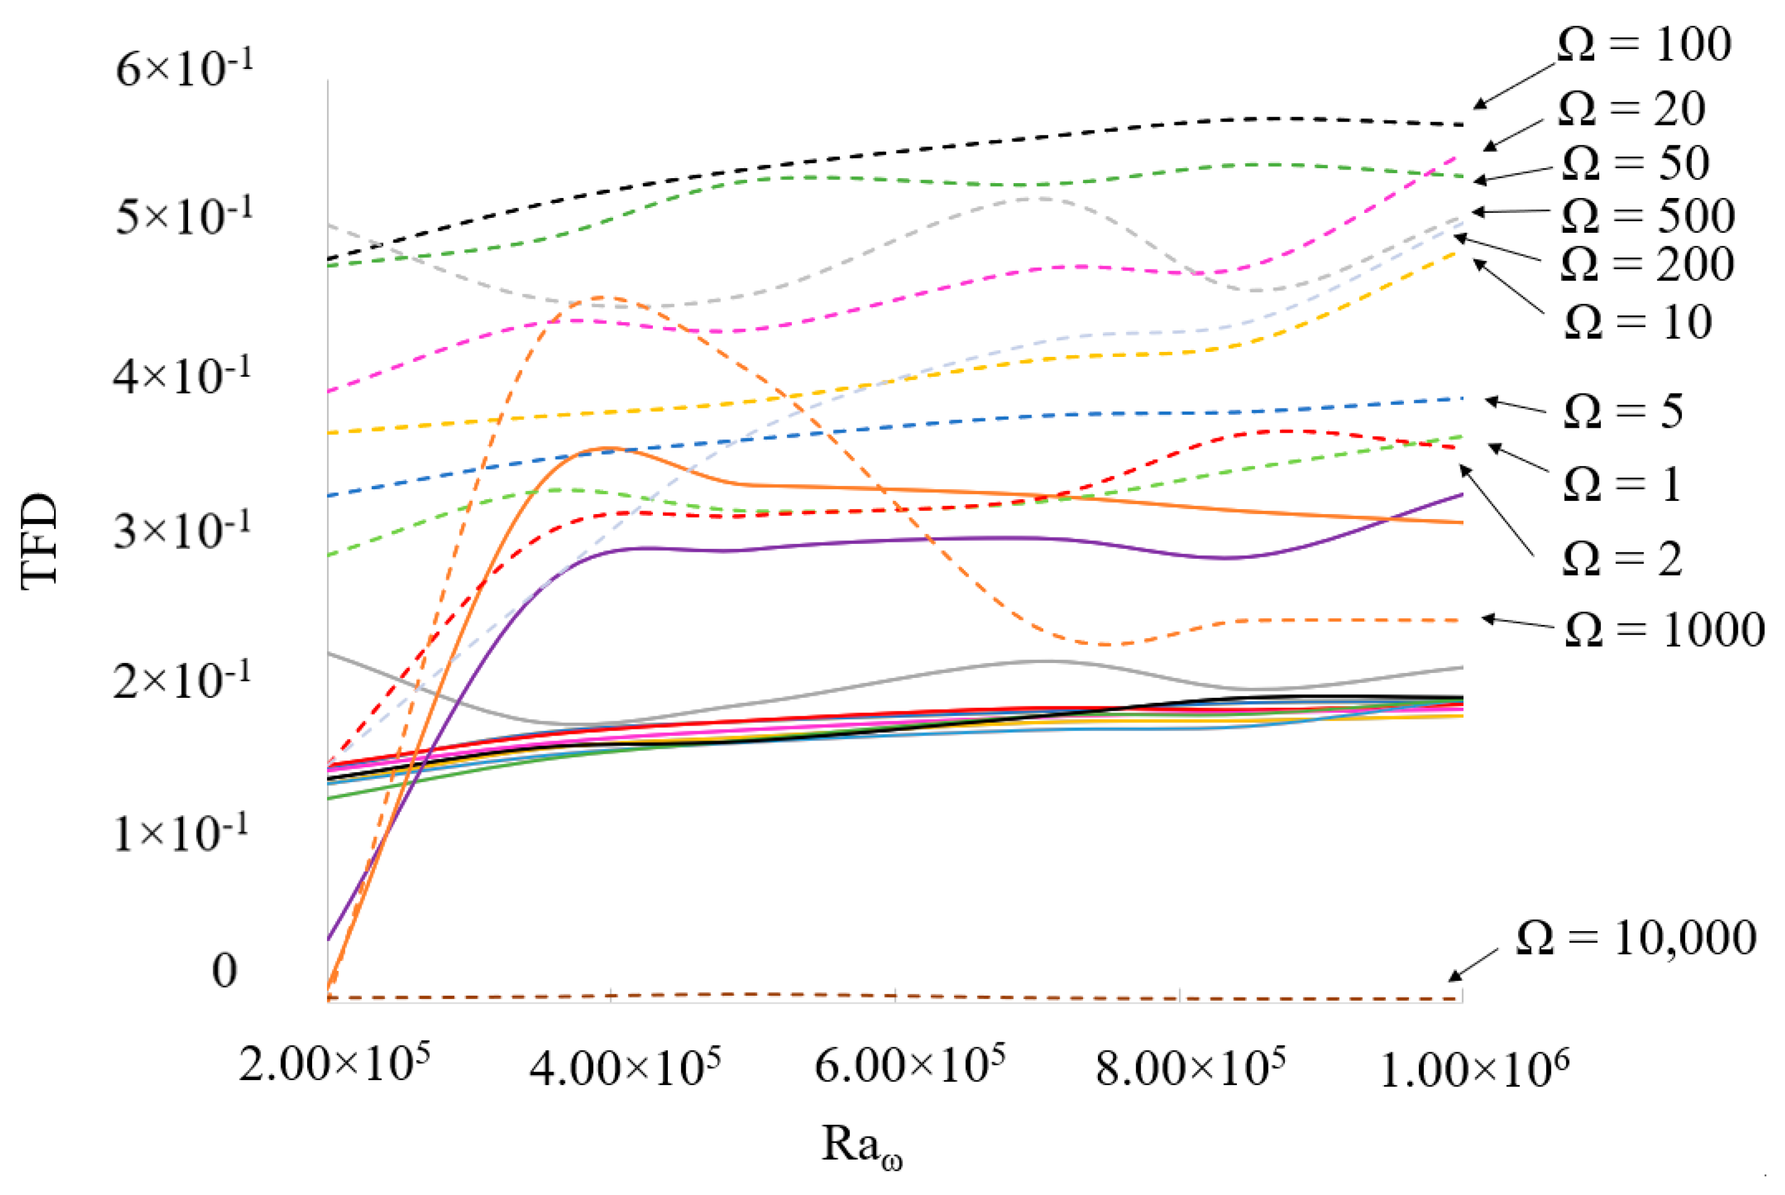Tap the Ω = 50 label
coord(1635,163)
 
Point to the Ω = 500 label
coord(1647,215)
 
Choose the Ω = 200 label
coord(1647,264)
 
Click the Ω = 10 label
coord(1638,322)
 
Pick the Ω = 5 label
coord(1623,412)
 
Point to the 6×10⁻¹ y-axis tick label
coord(184,68)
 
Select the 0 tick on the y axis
coord(224,971)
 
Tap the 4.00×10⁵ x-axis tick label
coord(625,1067)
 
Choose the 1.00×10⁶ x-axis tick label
coord(1474,1068)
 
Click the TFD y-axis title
coord(40,541)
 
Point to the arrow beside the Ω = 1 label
coord(1517,458)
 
